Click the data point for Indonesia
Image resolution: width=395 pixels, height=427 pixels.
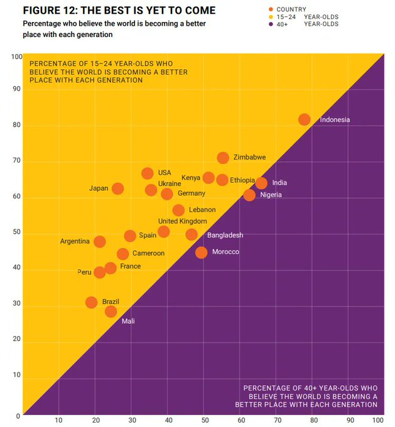(305, 119)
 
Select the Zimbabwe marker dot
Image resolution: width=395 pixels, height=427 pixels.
(223, 158)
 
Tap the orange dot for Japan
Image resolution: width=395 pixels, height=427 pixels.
(117, 188)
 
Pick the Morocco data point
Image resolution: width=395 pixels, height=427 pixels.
(201, 252)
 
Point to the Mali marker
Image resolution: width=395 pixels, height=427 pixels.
(111, 311)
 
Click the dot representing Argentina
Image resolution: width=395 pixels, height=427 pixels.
(100, 242)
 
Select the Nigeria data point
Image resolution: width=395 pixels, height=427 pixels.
(249, 195)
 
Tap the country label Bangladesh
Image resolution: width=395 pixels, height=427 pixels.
(225, 235)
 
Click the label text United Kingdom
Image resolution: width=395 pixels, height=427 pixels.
(182, 222)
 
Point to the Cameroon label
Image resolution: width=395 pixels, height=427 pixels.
(148, 254)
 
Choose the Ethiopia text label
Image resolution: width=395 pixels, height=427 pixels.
(242, 180)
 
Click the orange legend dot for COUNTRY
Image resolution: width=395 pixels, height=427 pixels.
(271, 9)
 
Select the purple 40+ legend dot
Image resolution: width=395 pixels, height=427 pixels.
(271, 24)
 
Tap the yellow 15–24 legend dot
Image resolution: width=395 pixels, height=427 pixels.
(271, 16)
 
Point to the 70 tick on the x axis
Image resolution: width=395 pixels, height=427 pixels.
(278, 420)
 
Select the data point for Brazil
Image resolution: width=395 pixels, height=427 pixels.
(92, 302)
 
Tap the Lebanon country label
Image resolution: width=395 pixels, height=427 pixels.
(202, 210)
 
